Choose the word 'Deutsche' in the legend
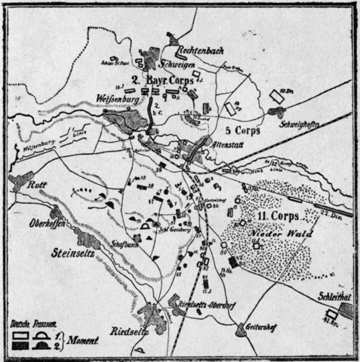[18, 324]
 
